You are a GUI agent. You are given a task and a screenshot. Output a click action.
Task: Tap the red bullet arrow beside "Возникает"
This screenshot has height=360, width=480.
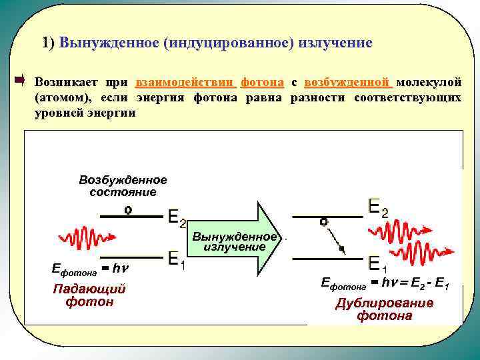pos(19,81)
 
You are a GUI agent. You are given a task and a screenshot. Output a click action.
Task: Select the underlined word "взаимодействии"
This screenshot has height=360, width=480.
pos(185,82)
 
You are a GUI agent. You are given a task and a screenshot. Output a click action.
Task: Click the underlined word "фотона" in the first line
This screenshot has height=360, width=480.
pos(262,82)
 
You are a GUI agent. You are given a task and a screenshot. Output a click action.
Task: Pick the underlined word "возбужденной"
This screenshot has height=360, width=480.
pos(347,82)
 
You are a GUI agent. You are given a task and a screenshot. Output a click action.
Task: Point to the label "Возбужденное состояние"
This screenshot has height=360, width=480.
pos(123,186)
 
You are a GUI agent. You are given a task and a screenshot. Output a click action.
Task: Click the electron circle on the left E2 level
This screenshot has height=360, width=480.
pos(128,209)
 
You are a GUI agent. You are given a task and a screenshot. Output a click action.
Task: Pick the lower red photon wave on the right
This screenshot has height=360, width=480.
pos(420,254)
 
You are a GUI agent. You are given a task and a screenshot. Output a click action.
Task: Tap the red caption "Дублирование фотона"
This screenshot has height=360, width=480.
pos(384,309)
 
